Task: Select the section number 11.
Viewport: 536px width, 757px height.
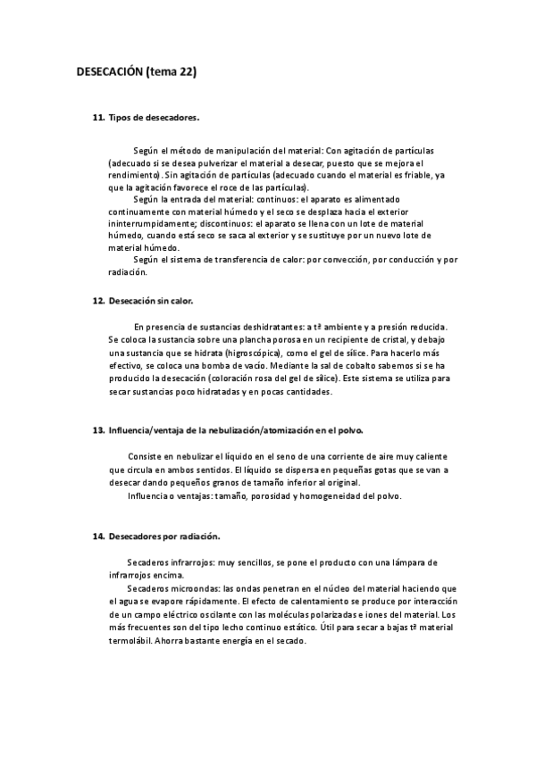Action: click(98, 117)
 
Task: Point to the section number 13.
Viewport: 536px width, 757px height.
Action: click(98, 430)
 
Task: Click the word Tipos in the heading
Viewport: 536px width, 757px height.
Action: click(121, 117)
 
